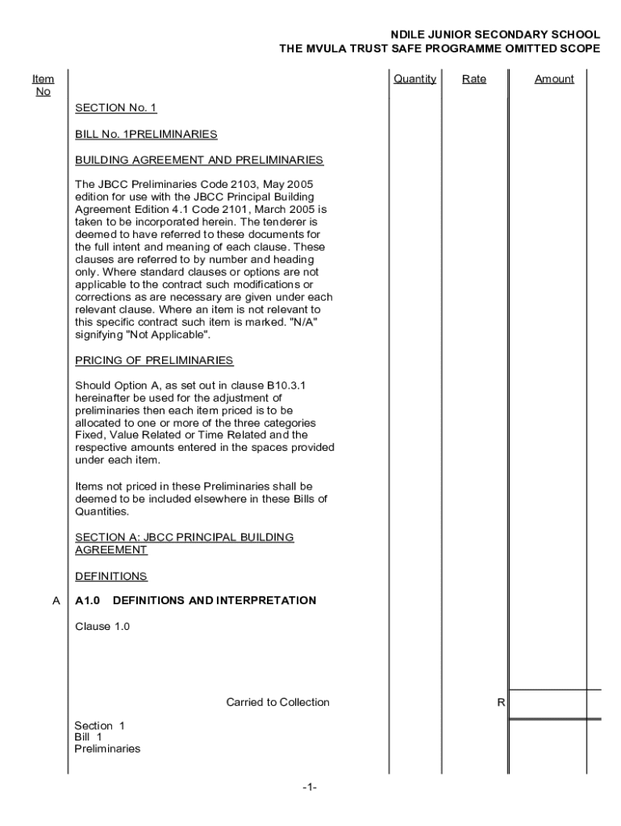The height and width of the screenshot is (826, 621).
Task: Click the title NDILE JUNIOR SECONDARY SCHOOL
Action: click(495, 35)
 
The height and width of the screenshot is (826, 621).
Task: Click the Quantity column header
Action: click(415, 79)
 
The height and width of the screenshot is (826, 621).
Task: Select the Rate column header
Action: click(474, 79)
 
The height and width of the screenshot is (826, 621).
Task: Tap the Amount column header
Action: click(554, 79)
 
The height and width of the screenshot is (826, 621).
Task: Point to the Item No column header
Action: click(44, 85)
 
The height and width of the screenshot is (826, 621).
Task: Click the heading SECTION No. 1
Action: click(116, 107)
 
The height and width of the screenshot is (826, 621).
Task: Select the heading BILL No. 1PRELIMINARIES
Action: click(146, 134)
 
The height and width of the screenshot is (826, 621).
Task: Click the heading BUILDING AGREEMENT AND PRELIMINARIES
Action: click(199, 161)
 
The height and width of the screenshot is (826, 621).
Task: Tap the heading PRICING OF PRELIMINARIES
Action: click(154, 360)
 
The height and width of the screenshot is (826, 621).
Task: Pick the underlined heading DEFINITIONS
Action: click(111, 577)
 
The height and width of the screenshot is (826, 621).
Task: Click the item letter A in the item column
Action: click(56, 601)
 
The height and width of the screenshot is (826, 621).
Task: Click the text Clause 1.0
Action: click(102, 627)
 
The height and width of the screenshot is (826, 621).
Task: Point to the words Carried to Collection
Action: click(277, 703)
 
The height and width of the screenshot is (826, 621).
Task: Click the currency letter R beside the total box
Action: click(500, 703)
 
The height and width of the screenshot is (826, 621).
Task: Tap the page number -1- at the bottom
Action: click(310, 787)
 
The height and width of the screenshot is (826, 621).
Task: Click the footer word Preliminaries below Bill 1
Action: click(107, 749)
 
